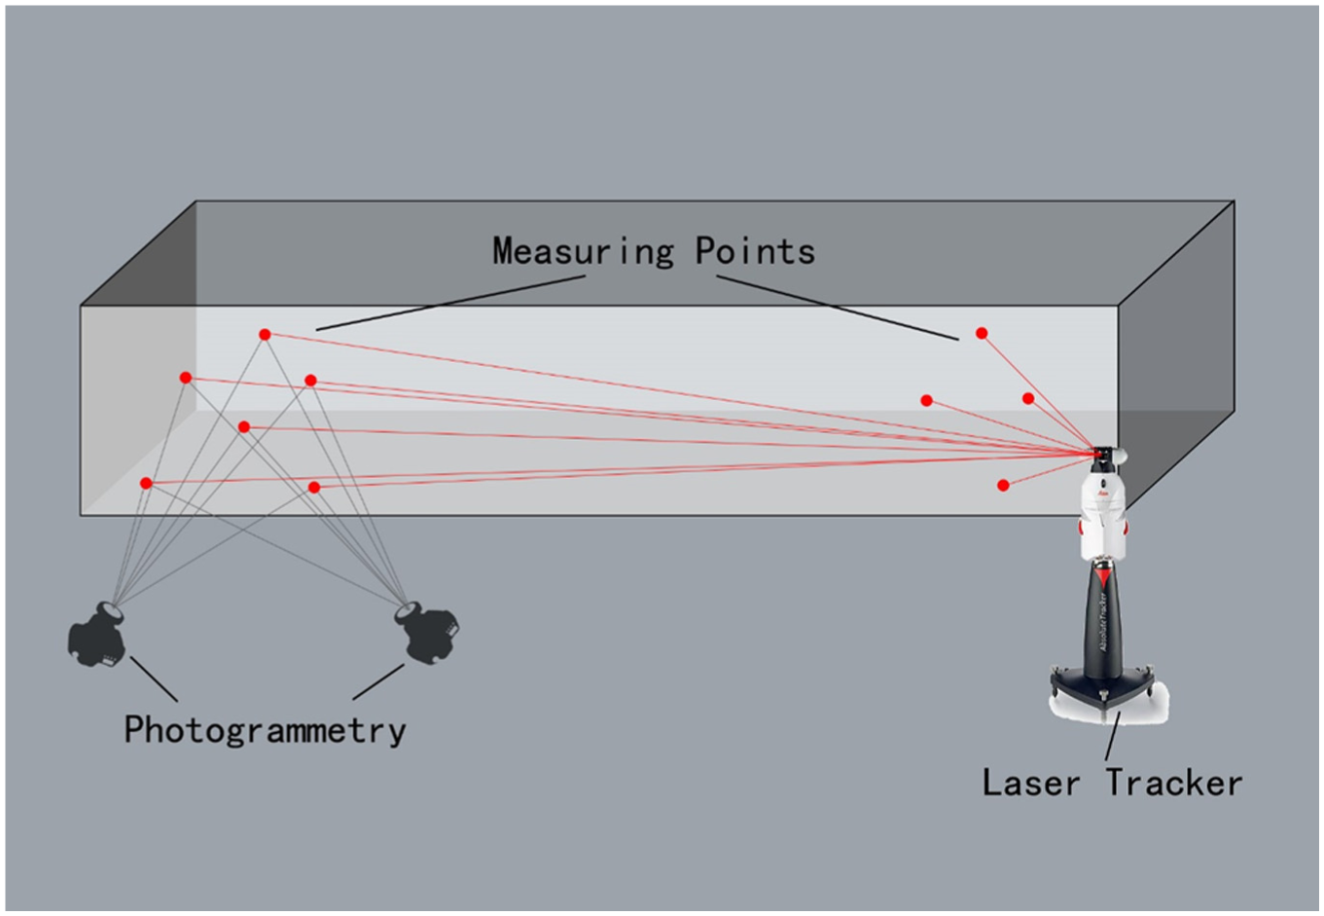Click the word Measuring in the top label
point(583,251)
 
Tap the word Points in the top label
point(755,251)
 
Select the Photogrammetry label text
point(266,730)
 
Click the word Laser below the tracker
point(1031,783)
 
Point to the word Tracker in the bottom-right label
point(1174,783)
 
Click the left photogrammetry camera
point(97,635)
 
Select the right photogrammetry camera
point(427,633)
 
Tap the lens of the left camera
point(111,610)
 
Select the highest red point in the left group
point(265,335)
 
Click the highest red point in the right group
point(982,334)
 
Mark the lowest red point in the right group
point(1003,486)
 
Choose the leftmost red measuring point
point(146,483)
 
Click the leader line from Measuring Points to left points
point(450,303)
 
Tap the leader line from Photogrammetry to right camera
point(378,681)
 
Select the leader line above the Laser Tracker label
point(1112,736)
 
